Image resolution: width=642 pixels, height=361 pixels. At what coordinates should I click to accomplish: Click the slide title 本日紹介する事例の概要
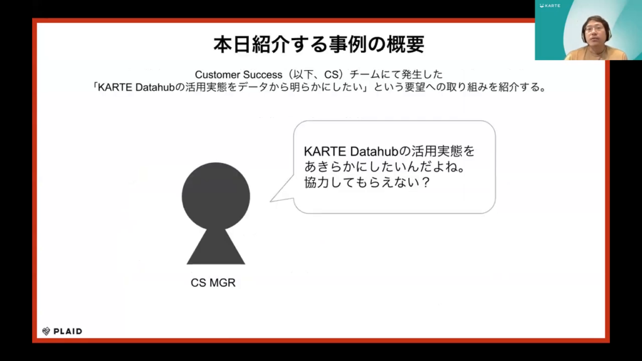click(x=318, y=44)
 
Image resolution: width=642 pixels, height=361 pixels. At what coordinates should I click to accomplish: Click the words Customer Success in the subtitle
click(x=238, y=75)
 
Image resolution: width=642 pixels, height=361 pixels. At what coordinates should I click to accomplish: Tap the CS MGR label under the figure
click(x=213, y=283)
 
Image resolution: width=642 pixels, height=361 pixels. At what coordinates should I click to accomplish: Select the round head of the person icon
click(x=216, y=196)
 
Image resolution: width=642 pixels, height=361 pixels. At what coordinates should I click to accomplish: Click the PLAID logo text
click(x=68, y=331)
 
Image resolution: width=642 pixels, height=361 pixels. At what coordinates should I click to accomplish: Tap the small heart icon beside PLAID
click(x=46, y=331)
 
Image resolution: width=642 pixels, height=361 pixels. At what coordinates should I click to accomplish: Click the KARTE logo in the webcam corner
click(x=550, y=6)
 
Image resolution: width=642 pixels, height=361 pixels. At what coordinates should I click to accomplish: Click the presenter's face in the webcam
click(x=595, y=33)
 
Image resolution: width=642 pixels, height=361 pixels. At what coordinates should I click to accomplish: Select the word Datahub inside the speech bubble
click(x=374, y=152)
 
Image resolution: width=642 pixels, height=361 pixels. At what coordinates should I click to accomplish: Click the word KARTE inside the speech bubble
click(x=325, y=152)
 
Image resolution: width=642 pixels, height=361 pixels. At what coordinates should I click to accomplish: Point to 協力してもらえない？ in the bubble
click(x=367, y=182)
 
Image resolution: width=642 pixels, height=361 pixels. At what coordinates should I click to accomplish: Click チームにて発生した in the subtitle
click(x=396, y=75)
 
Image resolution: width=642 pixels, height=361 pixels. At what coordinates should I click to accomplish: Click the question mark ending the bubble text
click(x=426, y=182)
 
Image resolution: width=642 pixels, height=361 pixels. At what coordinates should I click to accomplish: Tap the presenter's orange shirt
click(x=596, y=53)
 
